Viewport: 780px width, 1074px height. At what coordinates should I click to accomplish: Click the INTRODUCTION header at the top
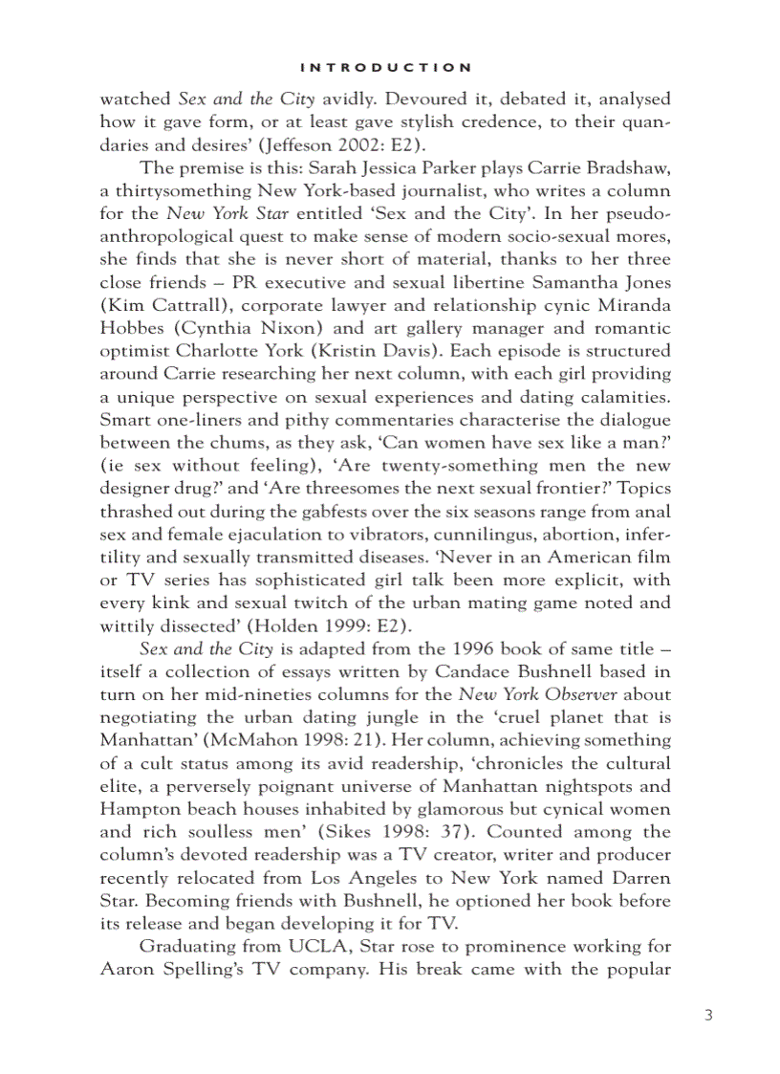[385, 67]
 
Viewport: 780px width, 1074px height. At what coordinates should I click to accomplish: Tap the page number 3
[708, 1015]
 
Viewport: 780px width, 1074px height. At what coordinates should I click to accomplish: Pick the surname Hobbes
[132, 328]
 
